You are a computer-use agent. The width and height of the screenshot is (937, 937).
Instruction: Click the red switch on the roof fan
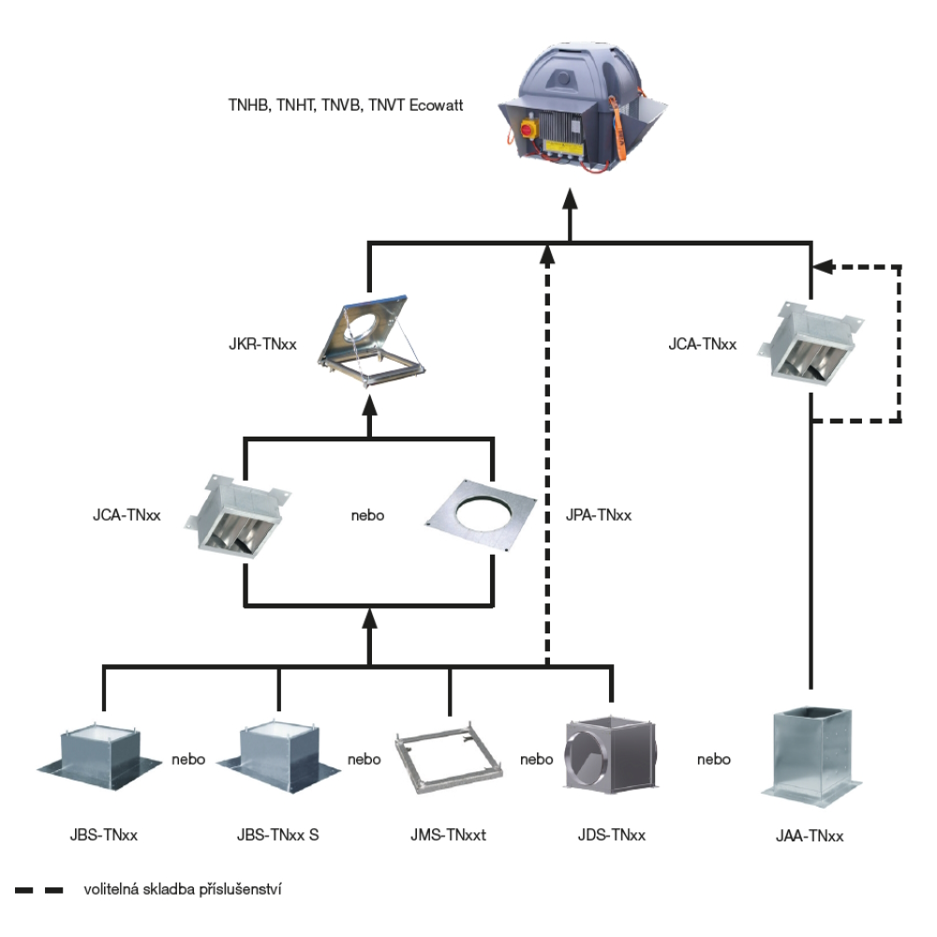(529, 129)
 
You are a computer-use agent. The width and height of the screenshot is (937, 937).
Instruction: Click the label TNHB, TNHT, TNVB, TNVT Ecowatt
(346, 105)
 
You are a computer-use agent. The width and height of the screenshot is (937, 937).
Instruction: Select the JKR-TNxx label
(262, 344)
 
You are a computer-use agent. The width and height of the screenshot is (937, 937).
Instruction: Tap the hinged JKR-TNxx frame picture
(371, 341)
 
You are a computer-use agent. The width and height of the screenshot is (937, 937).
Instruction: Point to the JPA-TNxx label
(598, 515)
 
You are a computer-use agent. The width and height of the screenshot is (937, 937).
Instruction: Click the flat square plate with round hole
(481, 515)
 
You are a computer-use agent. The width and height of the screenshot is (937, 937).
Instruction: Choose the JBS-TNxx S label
(278, 835)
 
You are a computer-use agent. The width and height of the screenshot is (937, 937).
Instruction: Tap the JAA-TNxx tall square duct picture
(811, 756)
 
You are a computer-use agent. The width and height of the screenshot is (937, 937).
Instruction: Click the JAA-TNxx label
(810, 836)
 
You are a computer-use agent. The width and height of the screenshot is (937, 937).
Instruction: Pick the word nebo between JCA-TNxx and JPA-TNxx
(367, 515)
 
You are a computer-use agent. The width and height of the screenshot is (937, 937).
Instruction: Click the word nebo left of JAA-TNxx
(713, 760)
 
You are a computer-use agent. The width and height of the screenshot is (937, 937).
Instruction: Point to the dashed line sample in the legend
(38, 890)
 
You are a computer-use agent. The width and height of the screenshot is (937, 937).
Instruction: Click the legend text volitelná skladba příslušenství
(183, 890)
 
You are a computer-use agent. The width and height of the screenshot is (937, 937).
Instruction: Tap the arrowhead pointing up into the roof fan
(570, 199)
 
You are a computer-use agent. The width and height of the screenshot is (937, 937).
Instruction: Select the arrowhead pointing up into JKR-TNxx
(370, 407)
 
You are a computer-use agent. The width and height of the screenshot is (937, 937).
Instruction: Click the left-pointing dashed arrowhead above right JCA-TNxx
(824, 266)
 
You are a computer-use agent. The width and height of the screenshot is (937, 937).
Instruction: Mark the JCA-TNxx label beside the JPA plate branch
(126, 515)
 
